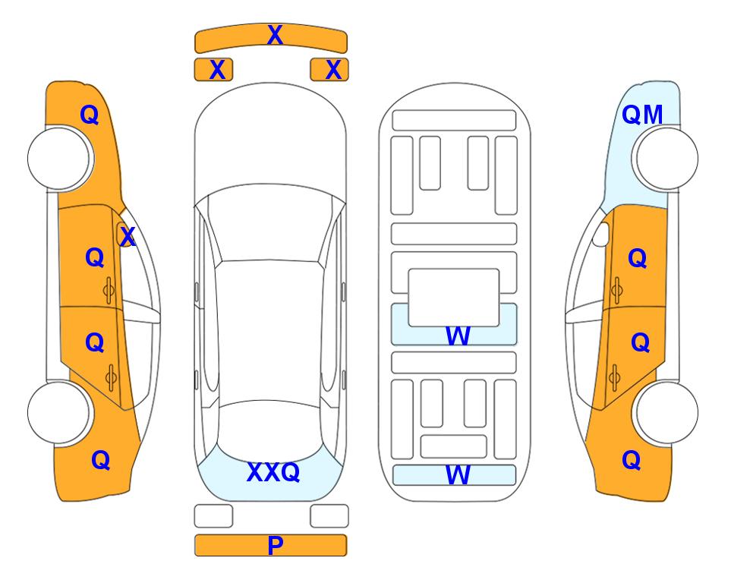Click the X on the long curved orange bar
pyautogui.click(x=275, y=35)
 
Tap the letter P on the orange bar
pyautogui.click(x=275, y=545)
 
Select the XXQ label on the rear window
pyautogui.click(x=273, y=472)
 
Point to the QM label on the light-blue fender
pyautogui.click(x=642, y=115)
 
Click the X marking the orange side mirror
pyautogui.click(x=128, y=237)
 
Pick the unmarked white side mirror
pyautogui.click(x=601, y=234)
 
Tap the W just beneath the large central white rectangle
pyautogui.click(x=457, y=336)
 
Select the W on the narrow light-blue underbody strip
pyautogui.click(x=457, y=475)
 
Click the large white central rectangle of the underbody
pyautogui.click(x=454, y=297)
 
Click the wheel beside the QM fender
pyautogui.click(x=665, y=159)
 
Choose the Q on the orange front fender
pyautogui.click(x=90, y=115)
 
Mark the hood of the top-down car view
pyautogui.click(x=270, y=140)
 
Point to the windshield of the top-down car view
pyautogui.click(x=270, y=224)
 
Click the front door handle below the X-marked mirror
pyautogui.click(x=109, y=290)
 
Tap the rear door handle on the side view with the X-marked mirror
pyautogui.click(x=111, y=378)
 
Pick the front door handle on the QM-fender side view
pyautogui.click(x=616, y=290)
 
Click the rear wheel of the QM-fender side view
pyautogui.click(x=665, y=412)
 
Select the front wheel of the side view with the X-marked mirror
pyautogui.click(x=61, y=159)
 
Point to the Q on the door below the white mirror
pyautogui.click(x=638, y=258)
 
